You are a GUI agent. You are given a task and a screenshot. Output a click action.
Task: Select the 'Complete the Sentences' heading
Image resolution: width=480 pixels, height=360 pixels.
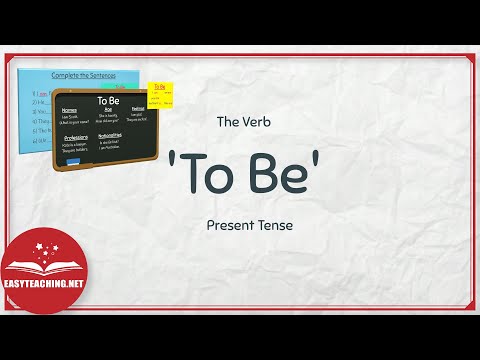(82, 75)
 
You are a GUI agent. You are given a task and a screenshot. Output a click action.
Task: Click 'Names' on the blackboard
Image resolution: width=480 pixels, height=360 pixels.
(70, 110)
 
